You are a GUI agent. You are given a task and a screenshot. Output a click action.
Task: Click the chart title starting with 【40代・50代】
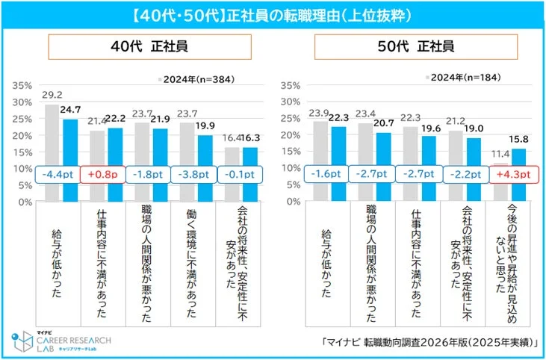(273, 14)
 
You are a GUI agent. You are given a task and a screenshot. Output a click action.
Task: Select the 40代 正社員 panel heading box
(146, 46)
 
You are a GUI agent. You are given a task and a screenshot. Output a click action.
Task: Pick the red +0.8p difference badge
(105, 173)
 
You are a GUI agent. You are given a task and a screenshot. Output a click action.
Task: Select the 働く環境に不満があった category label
(192, 258)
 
